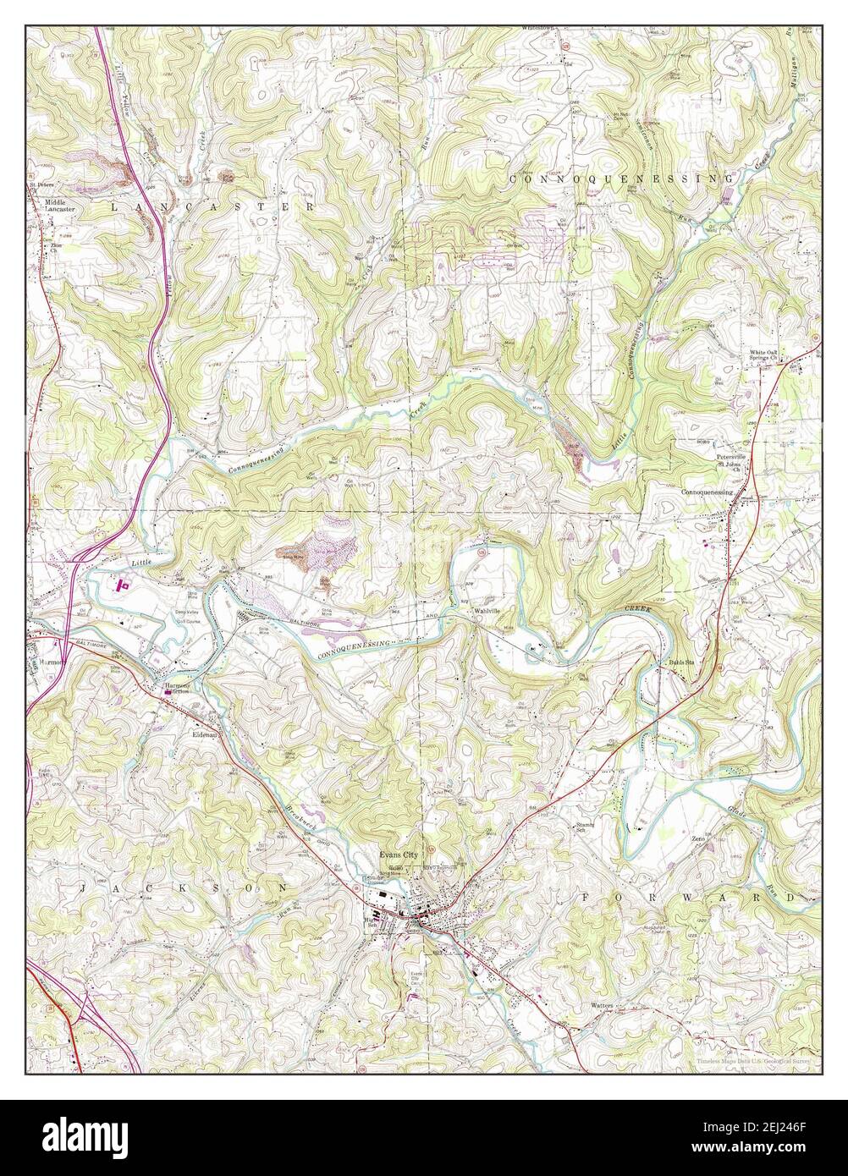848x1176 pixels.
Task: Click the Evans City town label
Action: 399,855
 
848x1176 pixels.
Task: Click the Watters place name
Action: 603,1006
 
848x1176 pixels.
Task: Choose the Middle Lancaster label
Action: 60,206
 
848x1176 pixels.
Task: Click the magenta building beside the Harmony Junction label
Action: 168,692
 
